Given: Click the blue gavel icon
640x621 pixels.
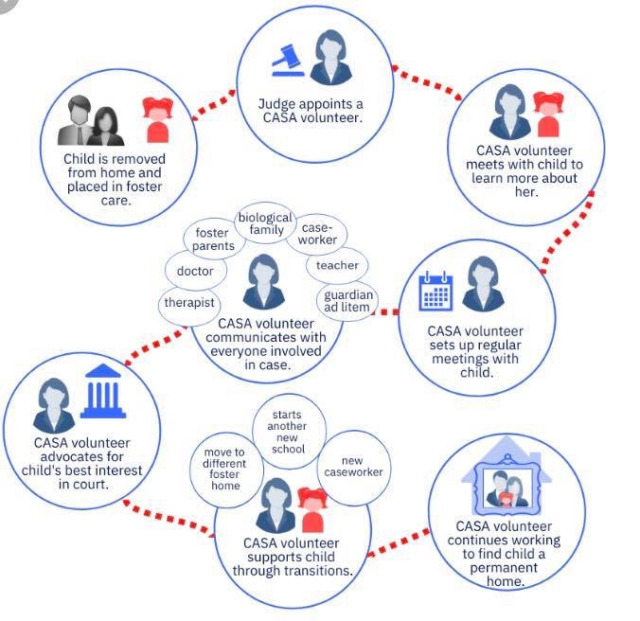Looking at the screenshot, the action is [288, 61].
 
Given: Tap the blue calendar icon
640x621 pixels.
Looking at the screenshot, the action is [436, 291].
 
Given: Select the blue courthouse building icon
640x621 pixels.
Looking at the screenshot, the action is [103, 391].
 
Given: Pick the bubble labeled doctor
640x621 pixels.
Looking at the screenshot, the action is [196, 271].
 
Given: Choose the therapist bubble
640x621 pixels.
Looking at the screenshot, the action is [189, 303].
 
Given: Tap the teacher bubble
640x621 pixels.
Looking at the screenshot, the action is [337, 265].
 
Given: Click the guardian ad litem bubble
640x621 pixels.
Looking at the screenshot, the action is [347, 301].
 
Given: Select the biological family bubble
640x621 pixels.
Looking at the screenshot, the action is [266, 223].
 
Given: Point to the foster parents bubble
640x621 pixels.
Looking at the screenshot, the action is [214, 240].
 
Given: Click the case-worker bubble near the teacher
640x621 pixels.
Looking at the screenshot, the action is [317, 234].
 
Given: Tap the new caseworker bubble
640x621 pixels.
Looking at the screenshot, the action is [353, 468].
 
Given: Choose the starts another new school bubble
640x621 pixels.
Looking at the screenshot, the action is [289, 432].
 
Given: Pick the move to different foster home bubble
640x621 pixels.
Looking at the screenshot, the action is [225, 470].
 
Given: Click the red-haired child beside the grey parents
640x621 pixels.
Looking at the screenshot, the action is [157, 120].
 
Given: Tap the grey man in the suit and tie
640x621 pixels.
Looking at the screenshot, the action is [77, 120].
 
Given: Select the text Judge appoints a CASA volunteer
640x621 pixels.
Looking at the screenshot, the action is [312, 111].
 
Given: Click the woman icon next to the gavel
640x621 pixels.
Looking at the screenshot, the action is [330, 57].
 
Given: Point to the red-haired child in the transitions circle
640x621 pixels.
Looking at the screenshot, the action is [312, 510].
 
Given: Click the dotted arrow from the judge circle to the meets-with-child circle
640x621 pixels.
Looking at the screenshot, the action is [427, 82].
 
